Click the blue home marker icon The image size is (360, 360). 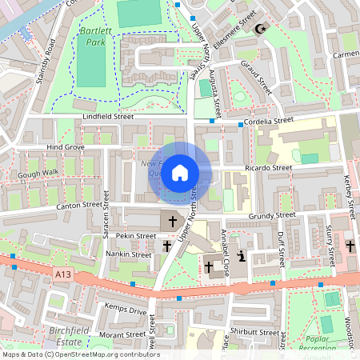(180, 172)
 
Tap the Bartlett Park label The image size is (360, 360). (94, 36)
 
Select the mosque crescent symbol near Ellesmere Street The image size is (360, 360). (258, 29)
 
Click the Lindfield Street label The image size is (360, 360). (108, 117)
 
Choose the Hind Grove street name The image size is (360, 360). (65, 147)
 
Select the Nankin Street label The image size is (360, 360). (128, 254)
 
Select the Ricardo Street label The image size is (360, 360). (270, 168)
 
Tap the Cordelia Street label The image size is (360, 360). (277, 121)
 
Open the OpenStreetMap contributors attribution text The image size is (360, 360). (80, 354)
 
